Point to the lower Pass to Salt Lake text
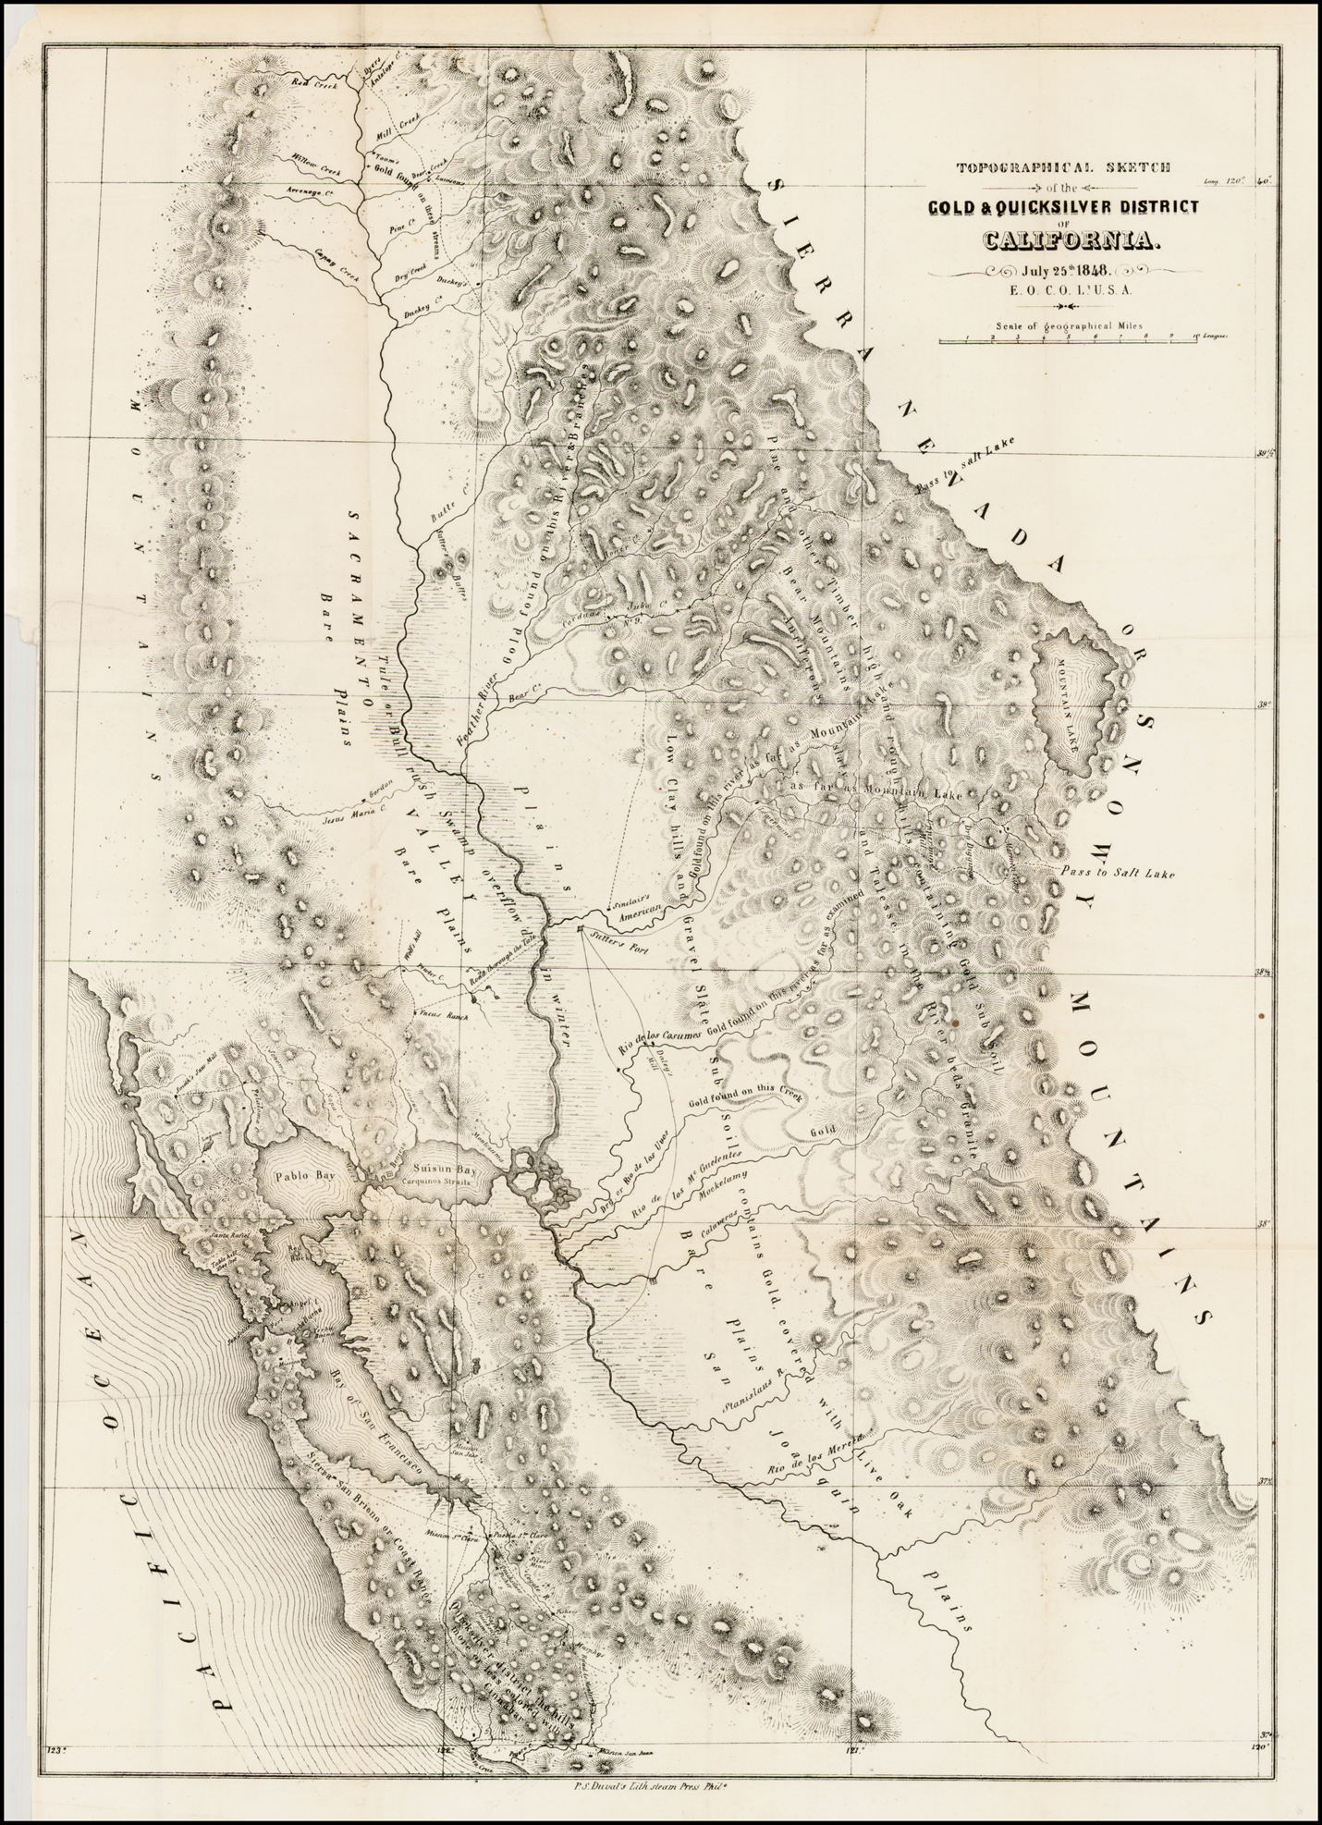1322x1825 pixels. tap(1118, 873)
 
